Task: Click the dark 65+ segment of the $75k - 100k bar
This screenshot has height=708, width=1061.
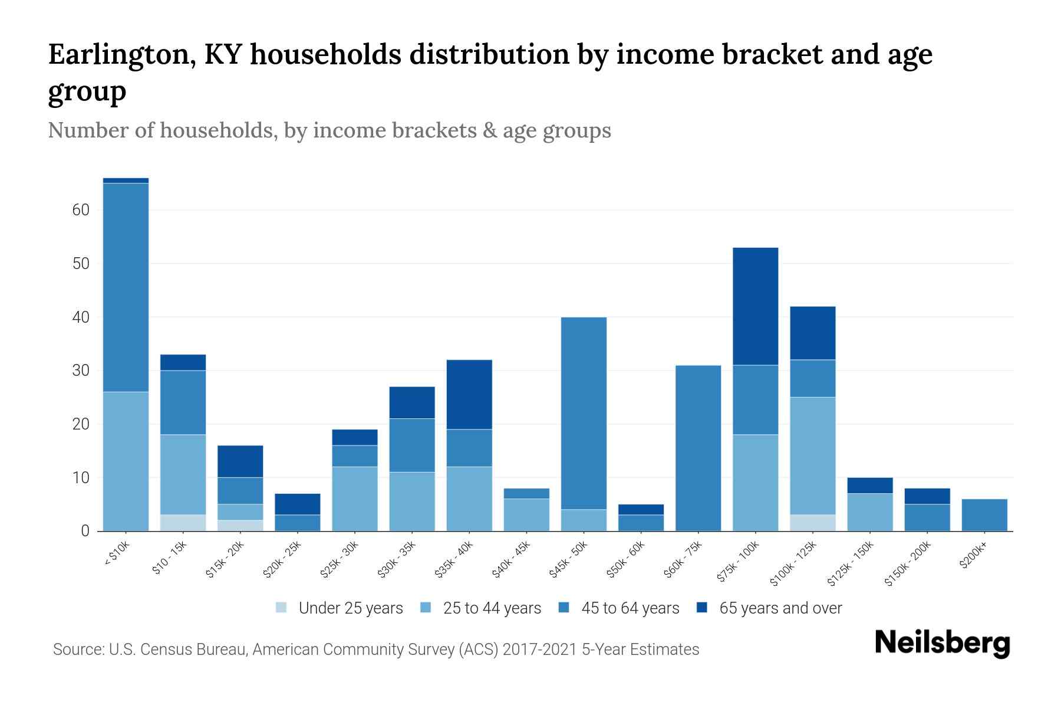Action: tap(755, 306)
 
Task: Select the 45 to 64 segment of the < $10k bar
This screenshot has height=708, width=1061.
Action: tap(126, 287)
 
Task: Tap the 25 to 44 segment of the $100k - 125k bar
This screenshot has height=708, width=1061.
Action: tap(813, 455)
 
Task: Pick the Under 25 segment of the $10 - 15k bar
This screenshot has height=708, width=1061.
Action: tap(183, 523)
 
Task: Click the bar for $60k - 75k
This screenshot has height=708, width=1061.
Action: tap(698, 448)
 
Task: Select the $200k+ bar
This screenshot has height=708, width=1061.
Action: tap(984, 515)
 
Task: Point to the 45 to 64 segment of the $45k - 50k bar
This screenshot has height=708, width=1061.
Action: tap(584, 413)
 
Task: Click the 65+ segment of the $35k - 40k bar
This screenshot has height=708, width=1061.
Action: tap(469, 394)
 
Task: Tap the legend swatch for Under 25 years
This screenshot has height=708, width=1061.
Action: tap(282, 608)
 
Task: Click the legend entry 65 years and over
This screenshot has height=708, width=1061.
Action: tap(780, 608)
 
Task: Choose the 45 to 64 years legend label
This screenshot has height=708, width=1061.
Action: tap(630, 608)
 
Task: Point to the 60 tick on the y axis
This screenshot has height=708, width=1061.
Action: tap(81, 210)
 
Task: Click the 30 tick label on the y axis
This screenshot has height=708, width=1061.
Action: tap(81, 371)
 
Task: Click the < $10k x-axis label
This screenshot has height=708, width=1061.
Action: tap(117, 555)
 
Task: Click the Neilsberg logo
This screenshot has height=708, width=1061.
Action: tap(942, 643)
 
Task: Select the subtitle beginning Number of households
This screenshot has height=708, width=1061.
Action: tap(329, 130)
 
